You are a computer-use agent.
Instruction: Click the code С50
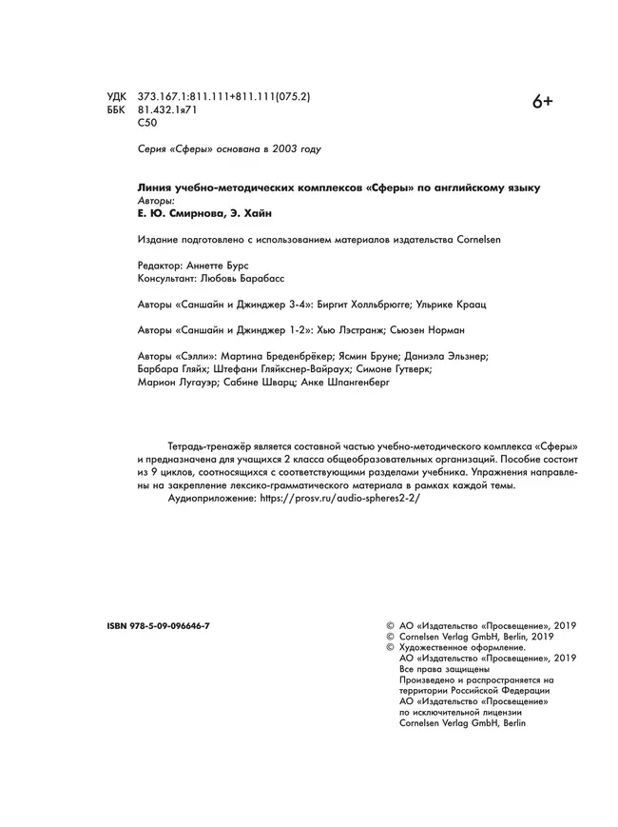147,124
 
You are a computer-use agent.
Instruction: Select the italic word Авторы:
158,202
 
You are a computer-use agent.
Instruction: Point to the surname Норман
442,330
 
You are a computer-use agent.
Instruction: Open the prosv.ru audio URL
339,498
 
